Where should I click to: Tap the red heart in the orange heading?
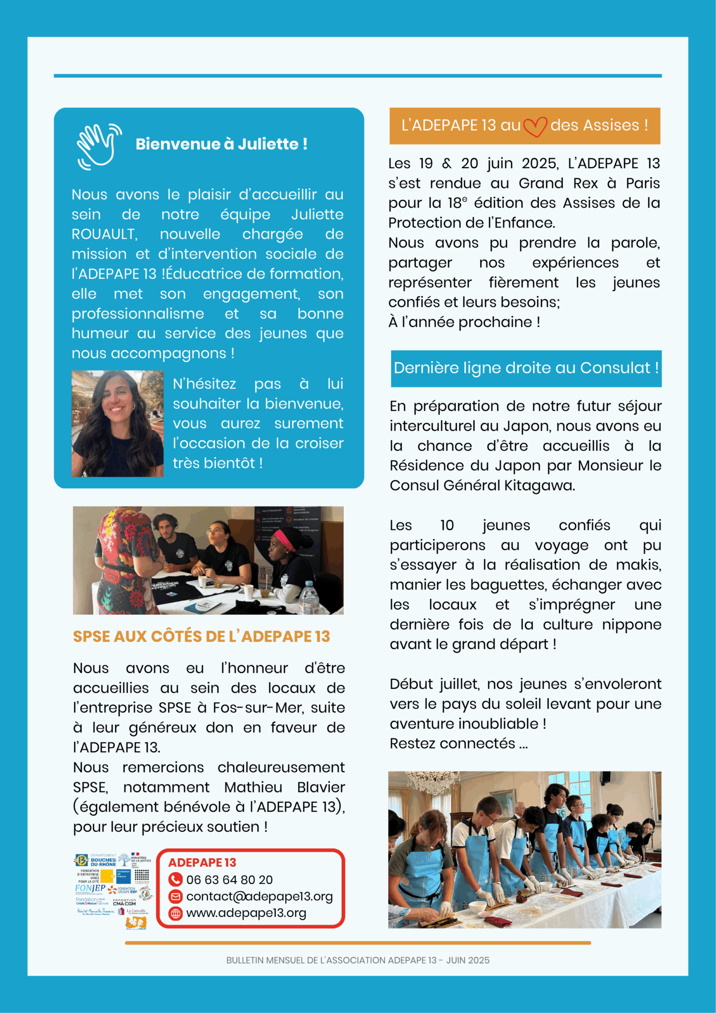pos(535,127)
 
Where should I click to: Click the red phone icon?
pos(175,879)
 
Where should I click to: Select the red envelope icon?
pos(175,896)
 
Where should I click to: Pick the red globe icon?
pos(175,913)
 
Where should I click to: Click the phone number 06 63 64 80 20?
pos(229,879)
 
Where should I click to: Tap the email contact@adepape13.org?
pos(259,896)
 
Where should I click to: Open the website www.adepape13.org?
pos(246,913)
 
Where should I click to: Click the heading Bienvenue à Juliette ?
pos(222,144)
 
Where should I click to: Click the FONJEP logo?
pos(90,888)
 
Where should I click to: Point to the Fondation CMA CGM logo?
pos(124,902)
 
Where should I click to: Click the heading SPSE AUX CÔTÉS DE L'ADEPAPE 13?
pos(201,637)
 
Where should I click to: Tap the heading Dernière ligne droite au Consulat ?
pos(526,368)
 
